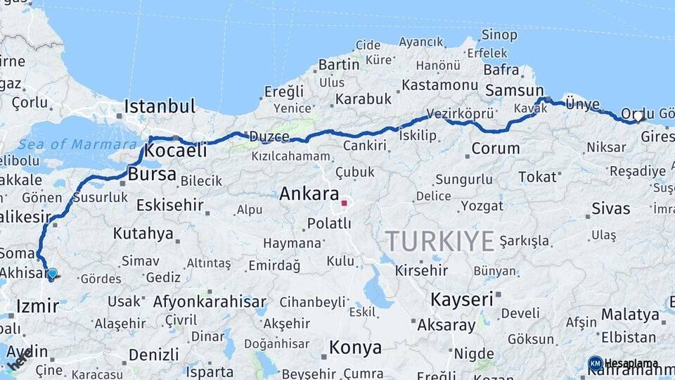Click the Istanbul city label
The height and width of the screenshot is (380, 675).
click(160, 107)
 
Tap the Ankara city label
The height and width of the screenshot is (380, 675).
click(309, 194)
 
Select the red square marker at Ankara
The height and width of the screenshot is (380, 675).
click(344, 204)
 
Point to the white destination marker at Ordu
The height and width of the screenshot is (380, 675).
click(638, 116)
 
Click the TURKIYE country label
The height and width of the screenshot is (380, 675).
click(439, 241)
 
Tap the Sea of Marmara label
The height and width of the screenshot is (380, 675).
click(77, 144)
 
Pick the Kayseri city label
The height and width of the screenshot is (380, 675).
click(462, 299)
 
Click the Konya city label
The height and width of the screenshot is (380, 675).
click(355, 348)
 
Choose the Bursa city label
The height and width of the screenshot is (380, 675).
click(152, 174)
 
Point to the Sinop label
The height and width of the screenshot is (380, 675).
click(499, 34)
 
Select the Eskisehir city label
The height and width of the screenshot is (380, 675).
click(169, 205)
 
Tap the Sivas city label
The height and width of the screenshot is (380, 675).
click(610, 208)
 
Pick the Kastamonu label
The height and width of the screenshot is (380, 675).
click(439, 85)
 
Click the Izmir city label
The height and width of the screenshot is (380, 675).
click(37, 306)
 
